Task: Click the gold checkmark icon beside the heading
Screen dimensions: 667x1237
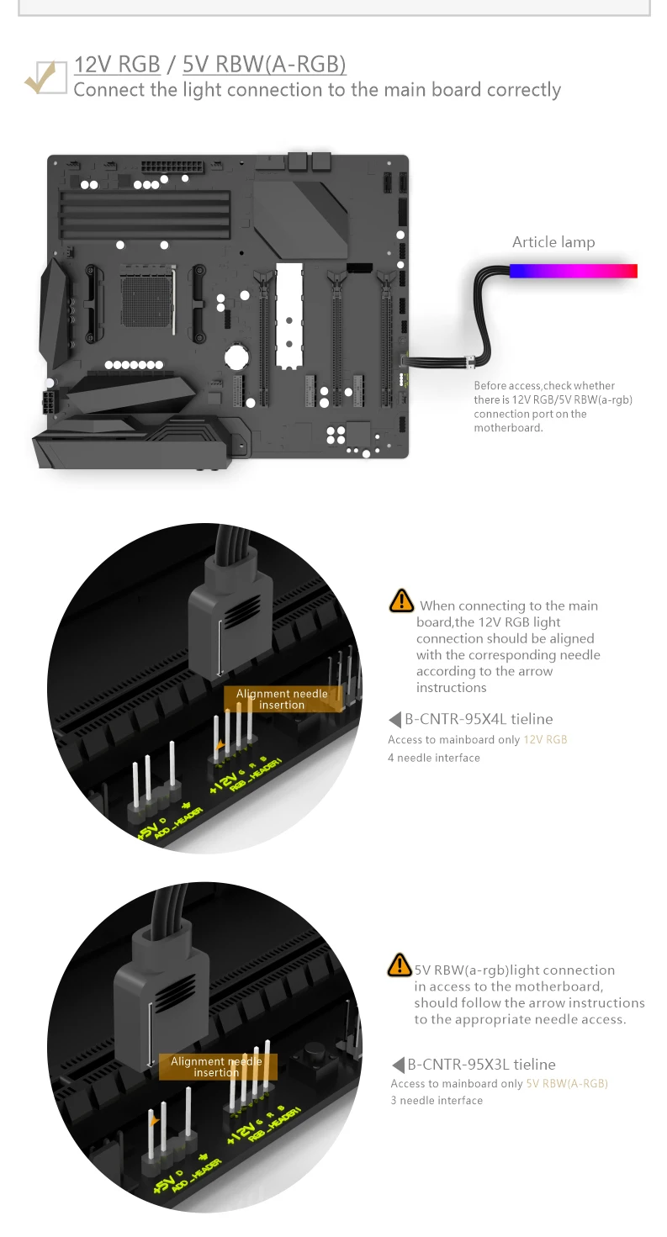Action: click(x=45, y=77)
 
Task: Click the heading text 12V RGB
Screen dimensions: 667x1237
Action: click(x=117, y=65)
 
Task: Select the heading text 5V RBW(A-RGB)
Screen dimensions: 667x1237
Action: click(x=264, y=65)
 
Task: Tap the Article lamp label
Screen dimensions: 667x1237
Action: click(x=553, y=242)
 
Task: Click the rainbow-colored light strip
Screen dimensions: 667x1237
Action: click(x=573, y=271)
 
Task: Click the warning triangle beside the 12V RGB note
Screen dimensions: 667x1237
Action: click(x=401, y=600)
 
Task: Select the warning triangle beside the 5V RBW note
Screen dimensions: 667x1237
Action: click(x=400, y=965)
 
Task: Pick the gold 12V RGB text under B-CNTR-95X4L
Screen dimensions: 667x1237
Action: click(x=545, y=740)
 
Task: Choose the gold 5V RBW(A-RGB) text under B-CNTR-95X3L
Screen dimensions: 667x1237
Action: click(x=566, y=1084)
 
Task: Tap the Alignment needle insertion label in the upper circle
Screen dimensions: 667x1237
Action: click(x=282, y=699)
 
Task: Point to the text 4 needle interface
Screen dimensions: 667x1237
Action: click(x=434, y=758)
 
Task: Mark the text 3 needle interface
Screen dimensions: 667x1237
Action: click(x=437, y=1100)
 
